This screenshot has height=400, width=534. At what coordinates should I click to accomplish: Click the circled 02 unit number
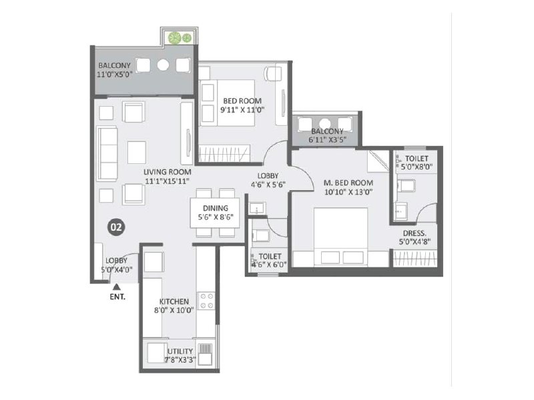click(115, 227)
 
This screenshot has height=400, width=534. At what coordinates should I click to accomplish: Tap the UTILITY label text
click(180, 351)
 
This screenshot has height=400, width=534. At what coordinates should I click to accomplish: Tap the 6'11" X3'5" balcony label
click(326, 136)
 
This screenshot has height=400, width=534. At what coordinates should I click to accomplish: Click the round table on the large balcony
click(163, 65)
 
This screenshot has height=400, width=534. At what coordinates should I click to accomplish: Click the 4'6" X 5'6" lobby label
click(268, 181)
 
